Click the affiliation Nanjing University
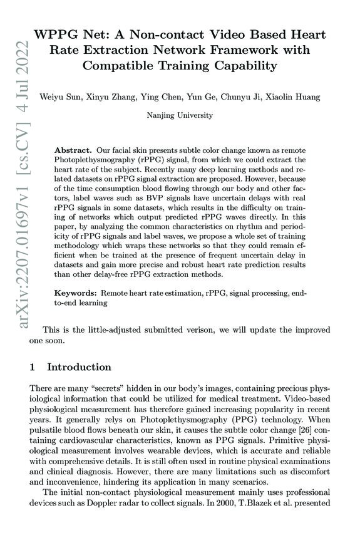pyautogui.click(x=180, y=115)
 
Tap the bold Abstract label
pyautogui.click(x=73, y=151)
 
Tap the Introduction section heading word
pyautogui.click(x=80, y=366)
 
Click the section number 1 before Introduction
pyautogui.click(x=33, y=366)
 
